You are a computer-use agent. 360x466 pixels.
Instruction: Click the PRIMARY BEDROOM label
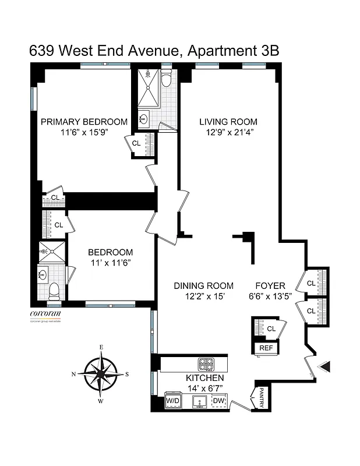point(83,122)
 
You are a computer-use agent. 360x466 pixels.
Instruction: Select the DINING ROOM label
point(203,285)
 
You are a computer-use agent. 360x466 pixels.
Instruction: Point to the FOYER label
point(270,285)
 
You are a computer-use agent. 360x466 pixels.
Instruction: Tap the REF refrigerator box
point(266,348)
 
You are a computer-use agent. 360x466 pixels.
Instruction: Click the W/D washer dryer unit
point(173,401)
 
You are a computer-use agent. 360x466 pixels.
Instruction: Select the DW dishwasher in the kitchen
point(218,401)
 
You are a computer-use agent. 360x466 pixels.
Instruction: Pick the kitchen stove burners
point(207,364)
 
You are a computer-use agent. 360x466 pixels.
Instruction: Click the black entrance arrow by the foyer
point(326,366)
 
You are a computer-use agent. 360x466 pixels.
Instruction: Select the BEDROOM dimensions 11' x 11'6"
point(110,263)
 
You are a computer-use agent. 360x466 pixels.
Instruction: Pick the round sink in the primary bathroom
point(144,119)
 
